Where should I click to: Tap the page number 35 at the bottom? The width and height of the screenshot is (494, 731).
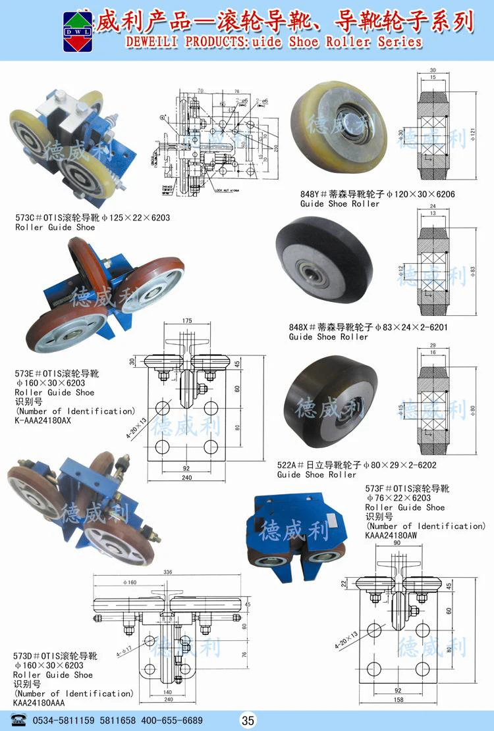248,720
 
